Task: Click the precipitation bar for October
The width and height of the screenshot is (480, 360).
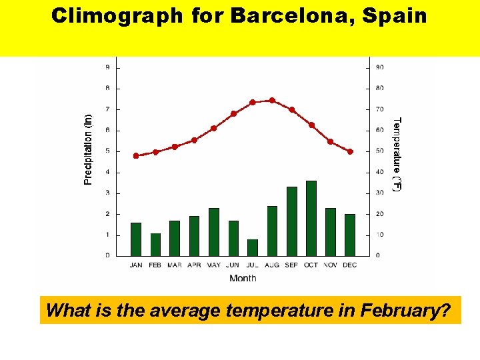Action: coord(311,219)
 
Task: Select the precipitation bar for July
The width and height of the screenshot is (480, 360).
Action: coord(253,247)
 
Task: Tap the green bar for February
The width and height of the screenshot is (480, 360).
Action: coord(155,245)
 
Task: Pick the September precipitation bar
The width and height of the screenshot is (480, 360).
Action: coord(292,221)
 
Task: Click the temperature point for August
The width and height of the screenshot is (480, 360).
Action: coord(272,101)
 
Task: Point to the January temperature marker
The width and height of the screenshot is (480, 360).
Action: coord(136,156)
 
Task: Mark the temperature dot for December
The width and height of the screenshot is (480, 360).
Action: coord(350,152)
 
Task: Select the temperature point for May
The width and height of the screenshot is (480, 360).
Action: coord(213,128)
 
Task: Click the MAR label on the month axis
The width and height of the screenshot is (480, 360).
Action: coord(175,265)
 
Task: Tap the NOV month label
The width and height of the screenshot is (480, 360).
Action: coord(331,265)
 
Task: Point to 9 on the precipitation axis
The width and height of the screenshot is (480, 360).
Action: coord(108,67)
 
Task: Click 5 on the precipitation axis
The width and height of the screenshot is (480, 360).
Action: coord(108,151)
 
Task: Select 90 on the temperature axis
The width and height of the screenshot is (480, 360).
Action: coord(379,67)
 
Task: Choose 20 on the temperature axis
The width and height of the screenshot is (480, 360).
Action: coord(379,214)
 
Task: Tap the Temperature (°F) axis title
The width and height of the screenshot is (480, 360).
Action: coord(397,155)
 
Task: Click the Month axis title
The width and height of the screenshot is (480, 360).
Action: coord(243,278)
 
